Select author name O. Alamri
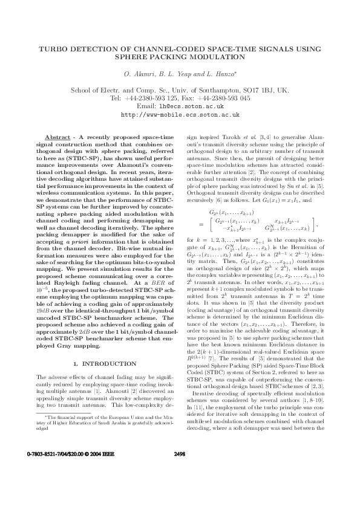point(139,74)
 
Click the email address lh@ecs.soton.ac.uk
point(192,106)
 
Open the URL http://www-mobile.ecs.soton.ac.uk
point(180,114)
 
